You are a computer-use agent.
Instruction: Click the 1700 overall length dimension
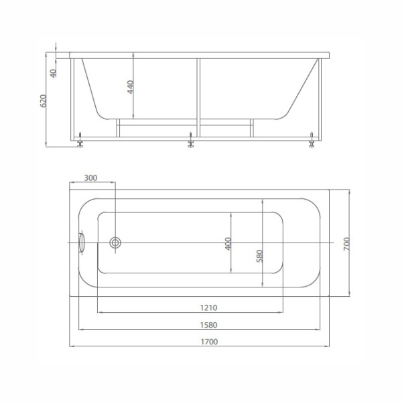tap(209, 342)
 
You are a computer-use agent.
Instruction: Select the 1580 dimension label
tap(208, 325)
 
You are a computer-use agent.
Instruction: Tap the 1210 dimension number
tap(208, 308)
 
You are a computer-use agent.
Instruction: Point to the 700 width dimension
tap(346, 244)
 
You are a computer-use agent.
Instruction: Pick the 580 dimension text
tap(260, 256)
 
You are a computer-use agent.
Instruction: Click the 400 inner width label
tap(228, 244)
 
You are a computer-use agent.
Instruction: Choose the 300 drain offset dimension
tap(90, 178)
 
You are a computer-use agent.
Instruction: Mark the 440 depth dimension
tap(131, 87)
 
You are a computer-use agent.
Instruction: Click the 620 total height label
tap(44, 101)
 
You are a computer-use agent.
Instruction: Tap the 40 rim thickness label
tap(54, 73)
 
